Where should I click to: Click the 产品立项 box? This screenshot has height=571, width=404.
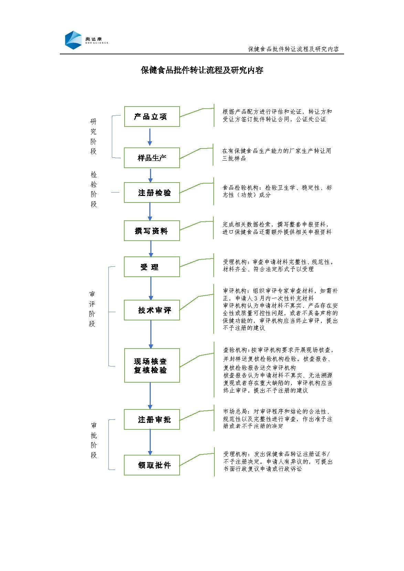point(152,117)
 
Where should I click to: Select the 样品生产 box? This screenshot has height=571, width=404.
point(152,158)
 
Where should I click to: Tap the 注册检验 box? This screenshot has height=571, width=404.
point(152,193)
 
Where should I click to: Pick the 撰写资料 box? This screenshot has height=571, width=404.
point(152,231)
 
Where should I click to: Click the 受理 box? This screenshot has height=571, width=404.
point(152,267)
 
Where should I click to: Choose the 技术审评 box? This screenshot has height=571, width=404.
point(152,310)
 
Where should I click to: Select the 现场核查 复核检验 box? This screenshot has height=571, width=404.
point(152,365)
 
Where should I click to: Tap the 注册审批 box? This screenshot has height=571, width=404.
point(152,419)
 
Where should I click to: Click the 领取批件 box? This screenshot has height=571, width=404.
point(152,465)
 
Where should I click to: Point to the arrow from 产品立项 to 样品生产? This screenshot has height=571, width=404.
point(150,137)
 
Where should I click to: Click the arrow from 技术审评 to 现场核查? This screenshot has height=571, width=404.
point(151,334)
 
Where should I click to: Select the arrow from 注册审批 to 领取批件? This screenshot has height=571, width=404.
point(150,442)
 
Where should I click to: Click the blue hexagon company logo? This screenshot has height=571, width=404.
point(73,40)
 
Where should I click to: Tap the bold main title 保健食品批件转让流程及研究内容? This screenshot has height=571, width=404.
point(202,70)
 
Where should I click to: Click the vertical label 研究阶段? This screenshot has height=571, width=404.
point(93,136)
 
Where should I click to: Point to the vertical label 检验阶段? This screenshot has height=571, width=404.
point(94,189)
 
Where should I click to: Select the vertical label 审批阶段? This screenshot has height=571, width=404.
point(94,440)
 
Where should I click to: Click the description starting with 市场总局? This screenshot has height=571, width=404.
point(278,419)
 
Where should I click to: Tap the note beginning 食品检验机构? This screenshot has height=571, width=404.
point(277,191)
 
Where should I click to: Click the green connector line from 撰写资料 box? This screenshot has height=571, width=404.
point(196,226)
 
